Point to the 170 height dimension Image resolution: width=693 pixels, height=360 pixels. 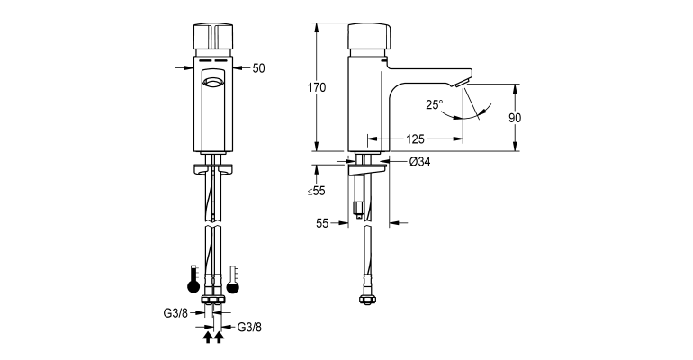pos(316,87)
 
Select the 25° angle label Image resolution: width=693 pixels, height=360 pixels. pos(434,104)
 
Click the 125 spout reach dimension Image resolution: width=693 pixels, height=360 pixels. pos(415,139)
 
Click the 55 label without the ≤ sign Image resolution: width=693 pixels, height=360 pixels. pos(323,224)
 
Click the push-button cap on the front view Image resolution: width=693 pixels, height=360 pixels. pos(213,38)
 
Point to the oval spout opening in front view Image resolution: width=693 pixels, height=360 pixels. pos(213,84)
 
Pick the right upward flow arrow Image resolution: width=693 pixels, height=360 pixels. pos(219,338)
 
